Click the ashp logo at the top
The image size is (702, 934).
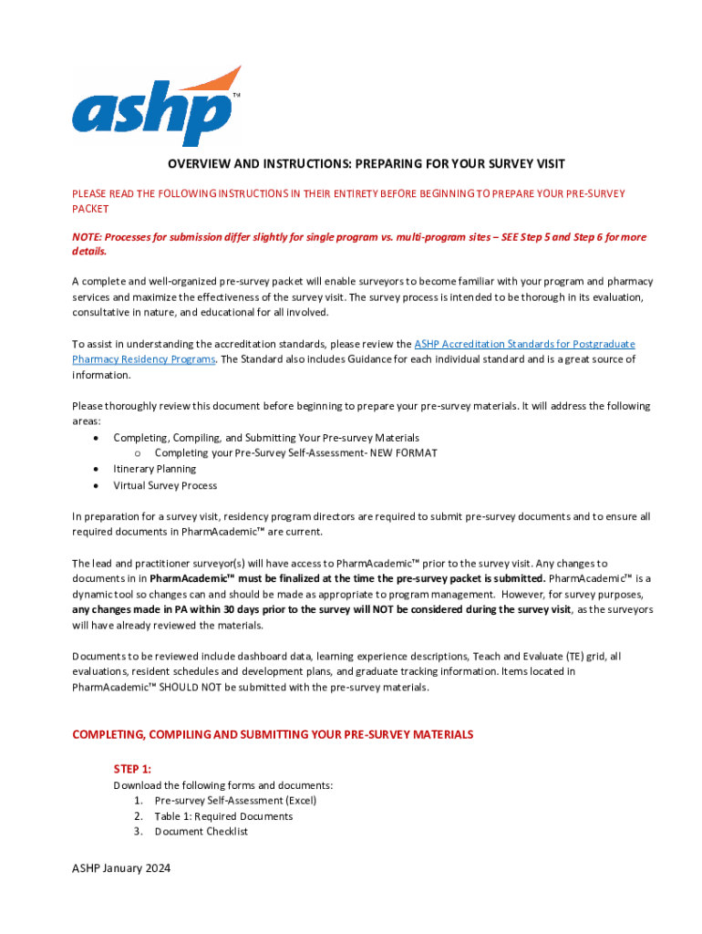click(x=156, y=107)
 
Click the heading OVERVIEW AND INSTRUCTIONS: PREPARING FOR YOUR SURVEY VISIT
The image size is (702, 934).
click(x=366, y=164)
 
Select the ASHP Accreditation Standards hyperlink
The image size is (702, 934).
click(x=524, y=344)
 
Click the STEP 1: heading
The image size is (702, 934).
click(x=132, y=769)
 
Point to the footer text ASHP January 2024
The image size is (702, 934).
click(x=121, y=868)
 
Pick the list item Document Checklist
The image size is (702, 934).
click(x=201, y=832)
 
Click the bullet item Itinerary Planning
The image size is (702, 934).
click(x=154, y=469)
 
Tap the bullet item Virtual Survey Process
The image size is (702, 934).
click(x=165, y=485)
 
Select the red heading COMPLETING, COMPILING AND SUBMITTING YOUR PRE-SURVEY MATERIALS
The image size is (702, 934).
click(x=273, y=734)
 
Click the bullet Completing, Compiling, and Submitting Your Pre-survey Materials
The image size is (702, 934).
click(x=266, y=438)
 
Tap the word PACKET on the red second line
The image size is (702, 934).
click(x=90, y=209)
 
